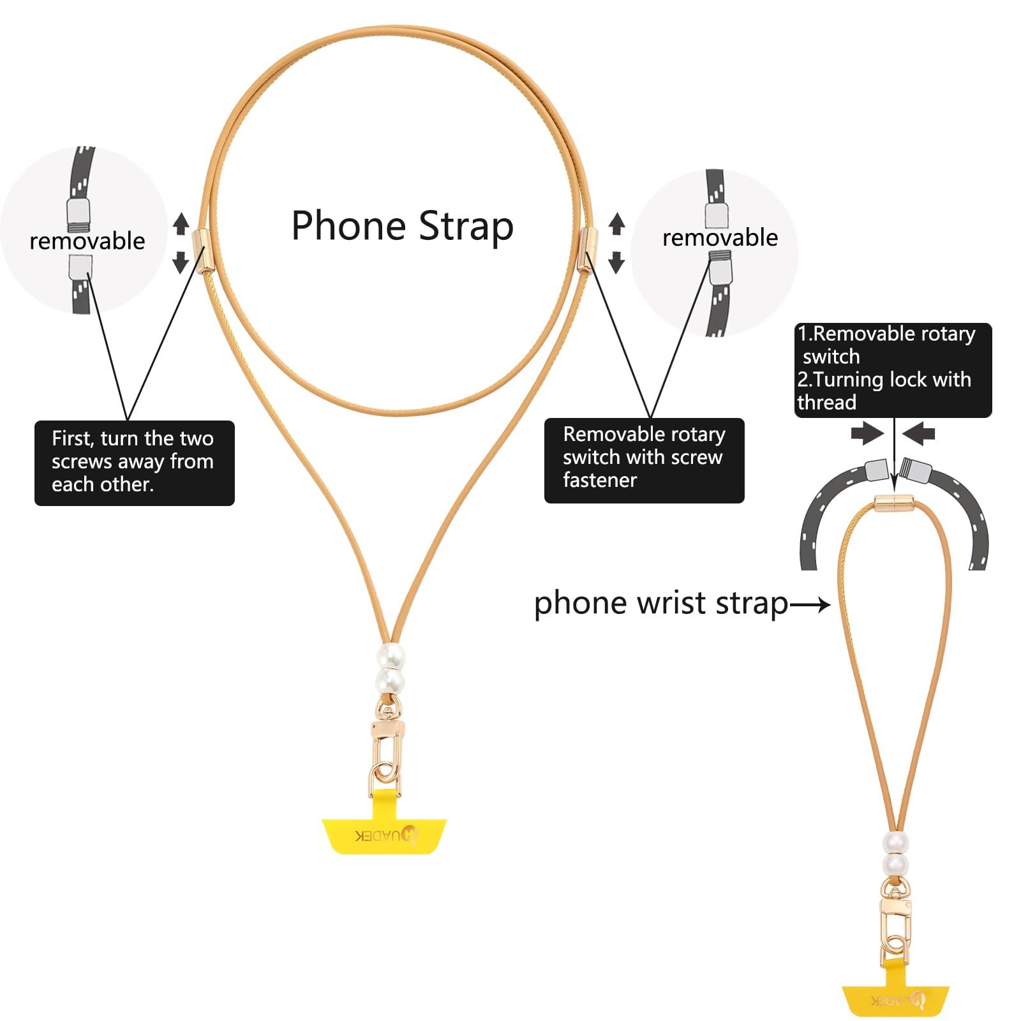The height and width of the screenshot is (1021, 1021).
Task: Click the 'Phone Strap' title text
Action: [402, 226]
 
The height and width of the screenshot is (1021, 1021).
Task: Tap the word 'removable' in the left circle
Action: [87, 241]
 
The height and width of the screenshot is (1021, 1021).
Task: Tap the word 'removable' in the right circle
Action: [720, 237]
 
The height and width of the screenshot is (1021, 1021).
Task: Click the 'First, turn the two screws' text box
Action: [134, 462]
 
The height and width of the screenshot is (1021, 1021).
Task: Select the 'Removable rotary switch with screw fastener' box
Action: [644, 458]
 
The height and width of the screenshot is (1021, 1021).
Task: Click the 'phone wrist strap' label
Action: [661, 603]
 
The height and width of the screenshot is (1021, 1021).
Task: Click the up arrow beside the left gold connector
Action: [181, 223]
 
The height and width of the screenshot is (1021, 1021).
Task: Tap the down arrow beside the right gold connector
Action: [616, 262]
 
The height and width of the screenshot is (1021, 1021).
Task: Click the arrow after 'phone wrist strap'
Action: [810, 604]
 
